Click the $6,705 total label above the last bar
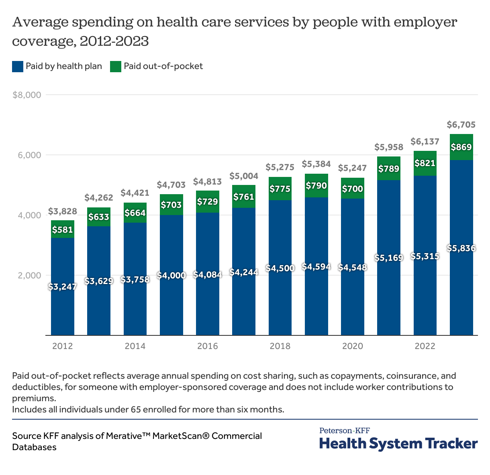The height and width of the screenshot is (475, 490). point(461,125)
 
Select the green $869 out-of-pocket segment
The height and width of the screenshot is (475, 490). point(461,147)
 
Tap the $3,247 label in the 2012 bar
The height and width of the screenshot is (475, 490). point(62,287)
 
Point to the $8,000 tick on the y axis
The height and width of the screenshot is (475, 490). point(27,95)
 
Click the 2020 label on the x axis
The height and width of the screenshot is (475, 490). point(352,346)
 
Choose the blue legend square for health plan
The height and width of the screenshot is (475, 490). point(18,67)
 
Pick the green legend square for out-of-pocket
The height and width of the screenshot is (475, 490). point(116,67)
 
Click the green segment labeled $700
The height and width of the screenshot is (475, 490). point(352,189)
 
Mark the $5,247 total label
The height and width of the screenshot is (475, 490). point(352,168)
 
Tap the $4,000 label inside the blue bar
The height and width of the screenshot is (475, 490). point(171,275)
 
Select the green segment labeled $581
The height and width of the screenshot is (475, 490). point(62,229)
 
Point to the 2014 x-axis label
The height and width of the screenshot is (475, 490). point(135,346)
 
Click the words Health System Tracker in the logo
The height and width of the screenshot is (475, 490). point(398,444)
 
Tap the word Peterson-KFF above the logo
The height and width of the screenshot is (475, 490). point(345,431)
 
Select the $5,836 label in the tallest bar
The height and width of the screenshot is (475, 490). point(461,248)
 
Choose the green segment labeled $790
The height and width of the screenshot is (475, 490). point(316,186)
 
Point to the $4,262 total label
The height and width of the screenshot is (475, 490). point(99,197)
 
